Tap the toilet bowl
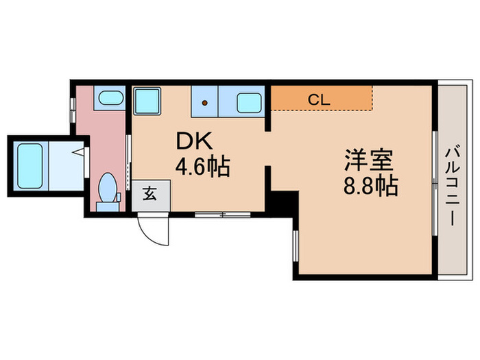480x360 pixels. point(108,187)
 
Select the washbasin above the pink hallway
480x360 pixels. point(108,98)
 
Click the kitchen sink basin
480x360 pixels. point(250,104)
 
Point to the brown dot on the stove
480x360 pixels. point(204,104)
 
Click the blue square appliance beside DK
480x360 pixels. point(147,102)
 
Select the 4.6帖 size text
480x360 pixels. point(203,166)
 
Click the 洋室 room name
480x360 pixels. point(368,162)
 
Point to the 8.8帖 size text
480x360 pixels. point(370,187)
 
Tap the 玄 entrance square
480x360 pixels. point(149,194)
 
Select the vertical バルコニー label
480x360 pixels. point(452,180)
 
